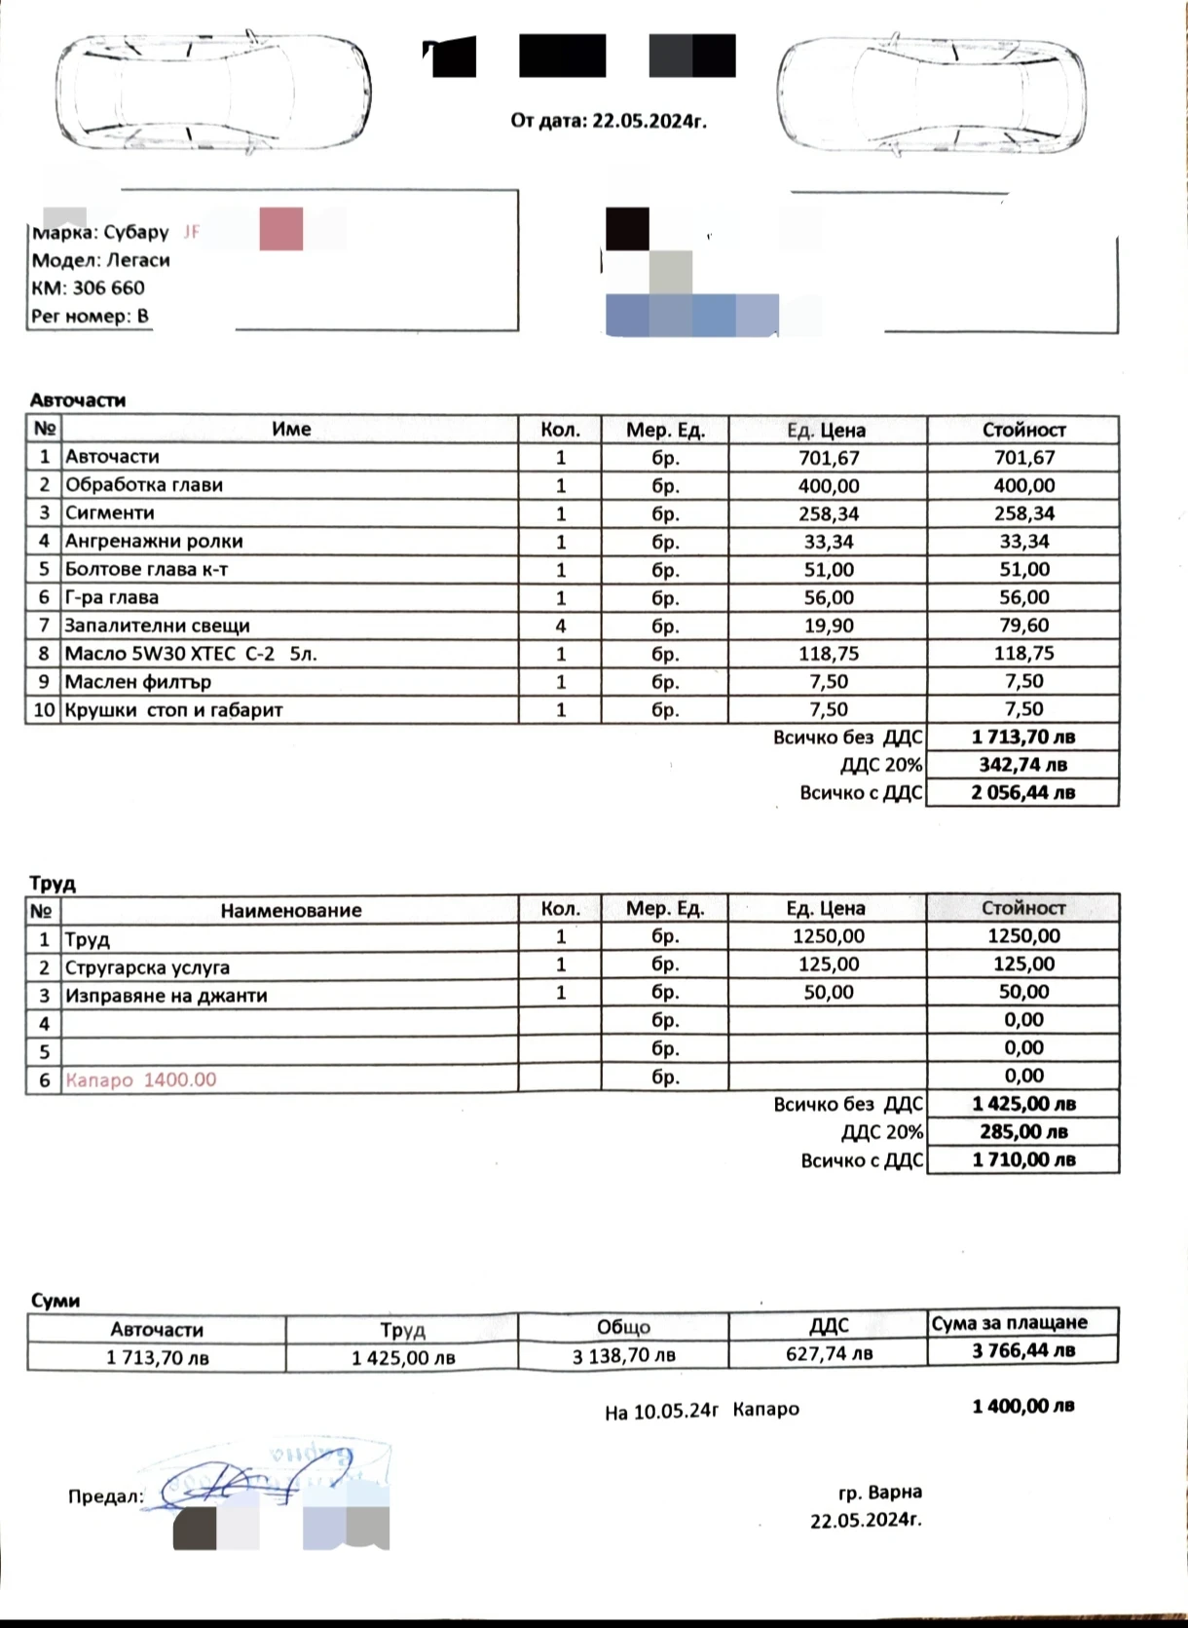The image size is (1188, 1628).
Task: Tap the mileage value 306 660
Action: (108, 288)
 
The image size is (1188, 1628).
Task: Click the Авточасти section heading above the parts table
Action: (78, 400)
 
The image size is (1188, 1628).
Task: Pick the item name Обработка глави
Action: (144, 485)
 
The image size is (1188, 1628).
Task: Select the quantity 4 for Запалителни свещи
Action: (561, 625)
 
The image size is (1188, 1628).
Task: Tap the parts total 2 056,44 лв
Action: (1022, 793)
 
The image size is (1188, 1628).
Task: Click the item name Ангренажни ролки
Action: (154, 542)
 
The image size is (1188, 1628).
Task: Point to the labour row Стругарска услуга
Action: (147, 967)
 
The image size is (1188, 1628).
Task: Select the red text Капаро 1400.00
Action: (141, 1079)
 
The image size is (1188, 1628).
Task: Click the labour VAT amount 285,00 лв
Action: (1023, 1132)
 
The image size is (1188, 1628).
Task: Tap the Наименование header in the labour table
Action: (290, 911)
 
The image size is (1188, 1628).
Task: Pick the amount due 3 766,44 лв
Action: (1023, 1350)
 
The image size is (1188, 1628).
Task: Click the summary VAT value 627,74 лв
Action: (829, 1353)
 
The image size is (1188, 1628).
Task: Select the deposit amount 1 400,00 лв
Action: (1023, 1406)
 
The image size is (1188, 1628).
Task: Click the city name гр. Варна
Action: (879, 1492)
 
